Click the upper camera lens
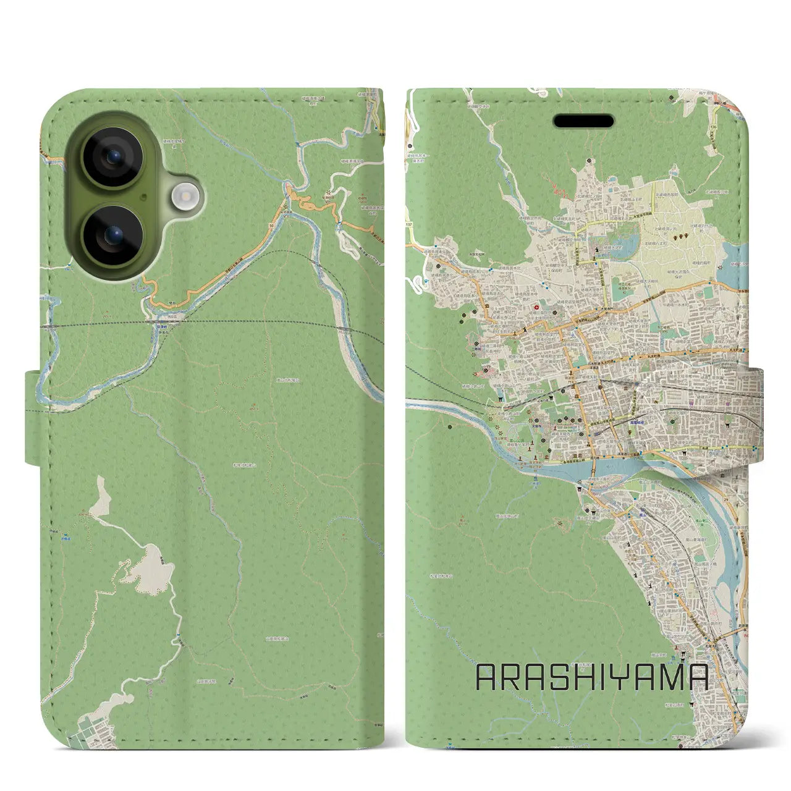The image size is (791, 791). [x=112, y=158]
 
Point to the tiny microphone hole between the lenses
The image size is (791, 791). [x=143, y=197]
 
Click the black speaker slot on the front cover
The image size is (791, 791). [x=584, y=121]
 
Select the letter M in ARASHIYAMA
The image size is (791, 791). [x=671, y=678]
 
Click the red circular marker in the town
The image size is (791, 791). [x=536, y=305]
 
